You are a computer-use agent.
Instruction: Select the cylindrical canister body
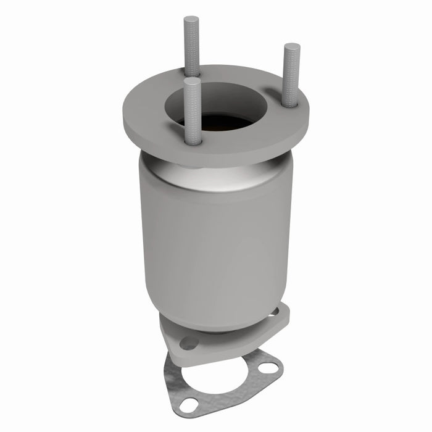216,247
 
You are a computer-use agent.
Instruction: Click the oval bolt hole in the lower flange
189,343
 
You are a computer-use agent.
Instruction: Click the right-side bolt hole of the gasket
268,367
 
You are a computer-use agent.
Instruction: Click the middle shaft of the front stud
193,111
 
